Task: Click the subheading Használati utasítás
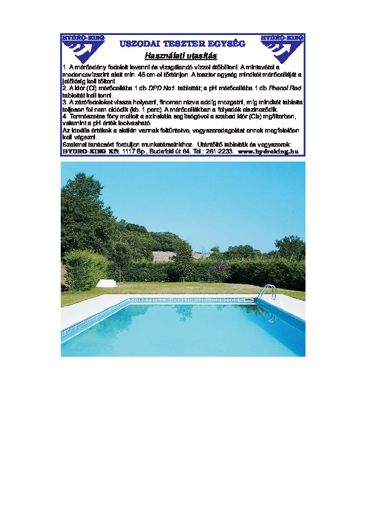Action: pyautogui.click(x=182, y=55)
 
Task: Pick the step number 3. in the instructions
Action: pyautogui.click(x=65, y=101)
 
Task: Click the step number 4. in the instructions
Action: pyautogui.click(x=65, y=115)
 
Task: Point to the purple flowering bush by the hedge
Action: pyautogui.click(x=219, y=270)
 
